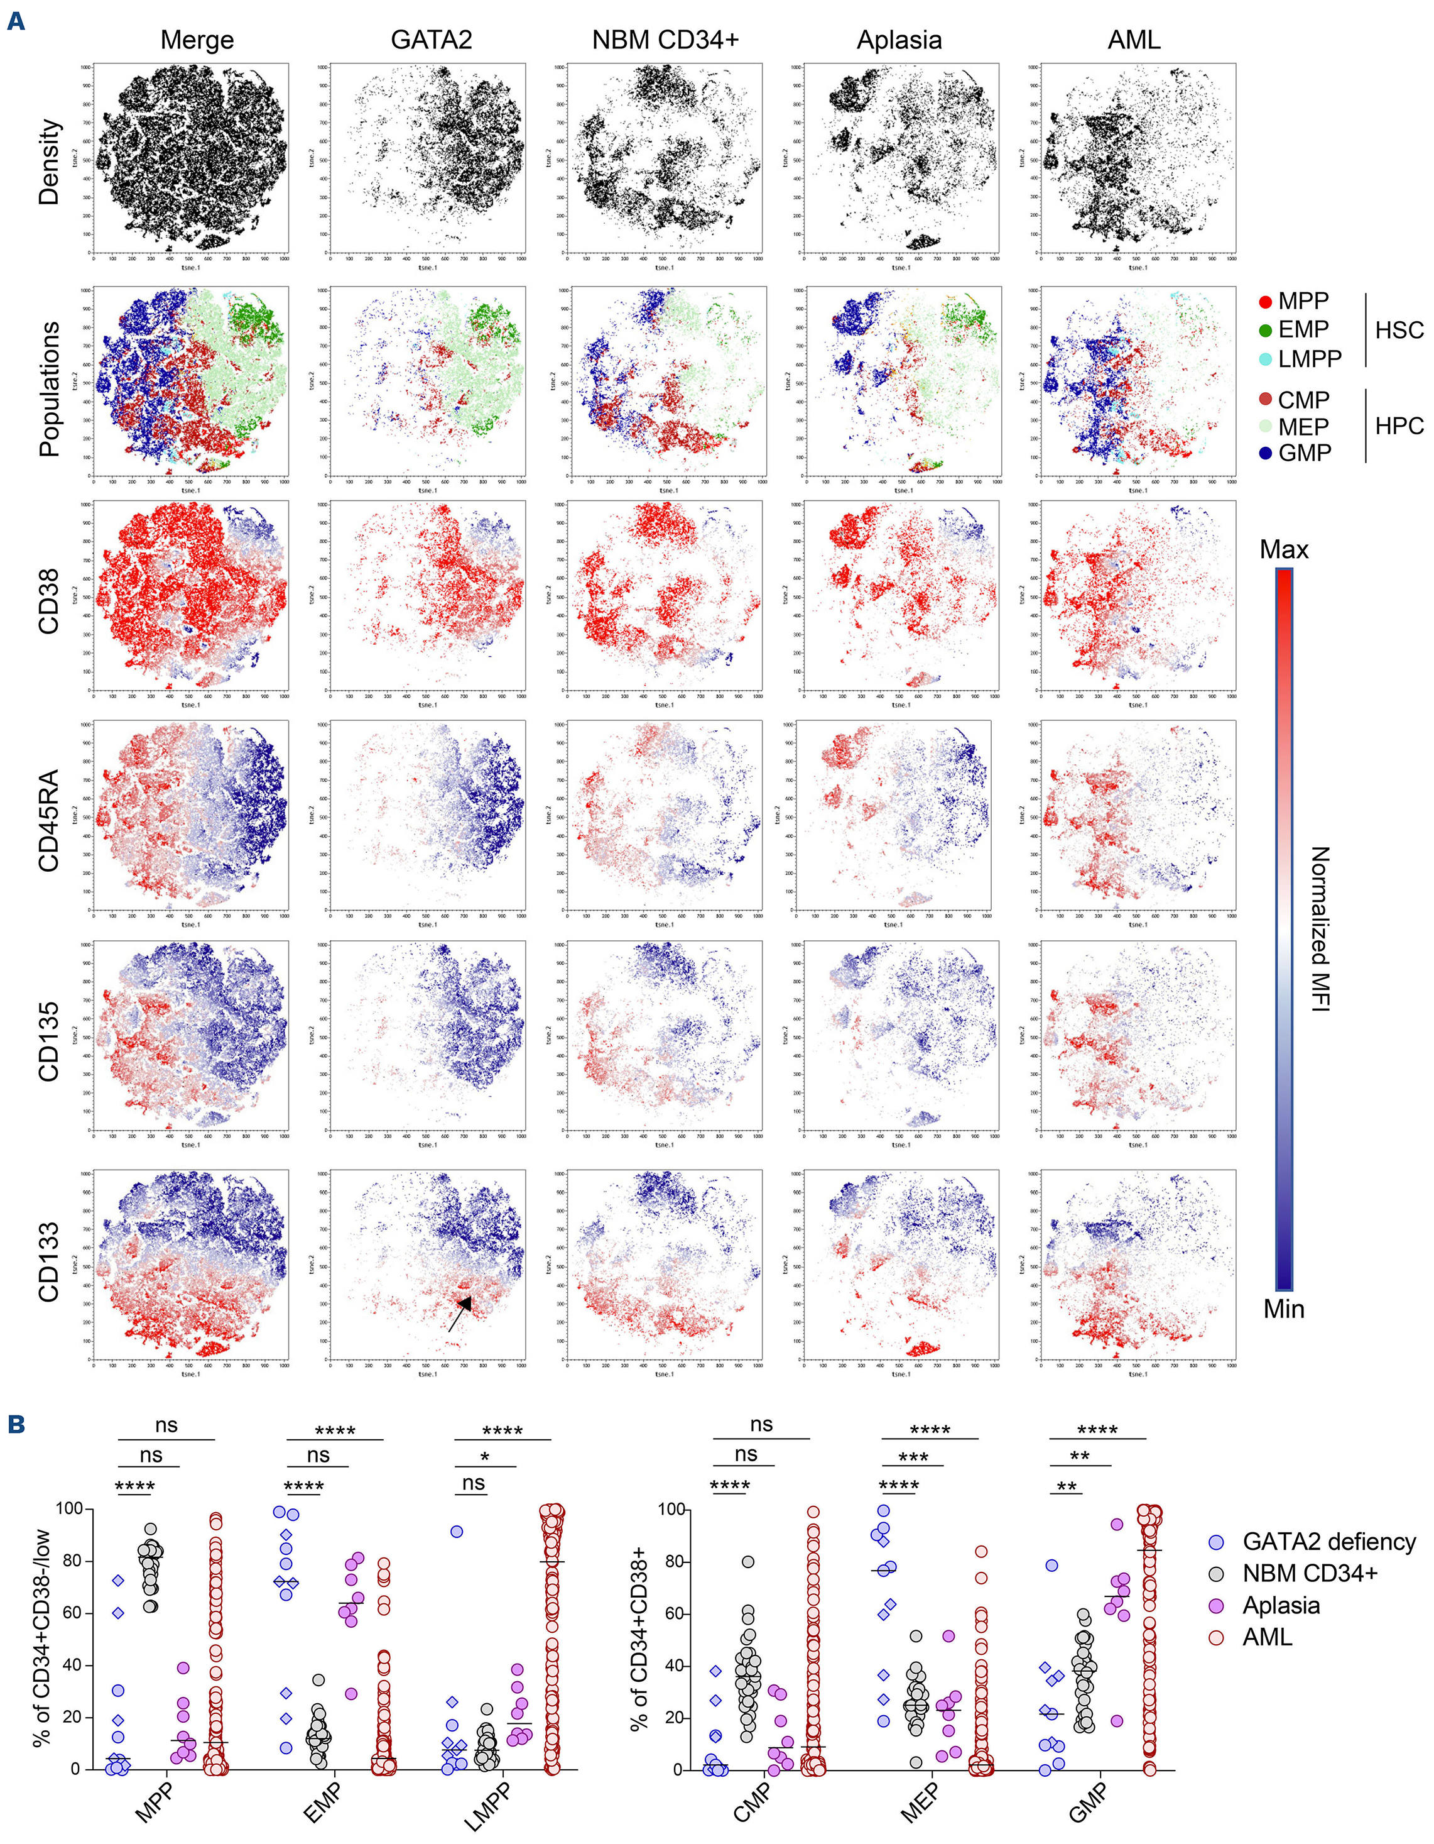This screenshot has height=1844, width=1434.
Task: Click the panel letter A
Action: pyautogui.click(x=15, y=21)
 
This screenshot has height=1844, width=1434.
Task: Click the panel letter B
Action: pyautogui.click(x=15, y=1425)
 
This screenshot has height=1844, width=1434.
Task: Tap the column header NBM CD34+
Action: pyautogui.click(x=665, y=40)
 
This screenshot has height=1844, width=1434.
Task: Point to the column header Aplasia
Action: pyautogui.click(x=899, y=40)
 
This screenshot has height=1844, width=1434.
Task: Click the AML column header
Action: pyautogui.click(x=1134, y=40)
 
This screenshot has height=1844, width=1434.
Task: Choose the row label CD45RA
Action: pyautogui.click(x=48, y=820)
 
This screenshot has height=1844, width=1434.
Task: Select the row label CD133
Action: pyautogui.click(x=48, y=1261)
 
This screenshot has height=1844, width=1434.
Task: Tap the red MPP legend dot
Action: pyautogui.click(x=1265, y=302)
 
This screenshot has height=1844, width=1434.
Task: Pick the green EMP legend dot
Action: pyautogui.click(x=1265, y=330)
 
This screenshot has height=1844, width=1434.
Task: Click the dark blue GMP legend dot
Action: pyautogui.click(x=1265, y=453)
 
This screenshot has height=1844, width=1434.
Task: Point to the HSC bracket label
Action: pyautogui.click(x=1399, y=330)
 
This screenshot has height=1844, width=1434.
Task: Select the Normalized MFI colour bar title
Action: pyautogui.click(x=1319, y=929)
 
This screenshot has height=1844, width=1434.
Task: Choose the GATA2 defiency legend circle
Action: pyautogui.click(x=1216, y=1542)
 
